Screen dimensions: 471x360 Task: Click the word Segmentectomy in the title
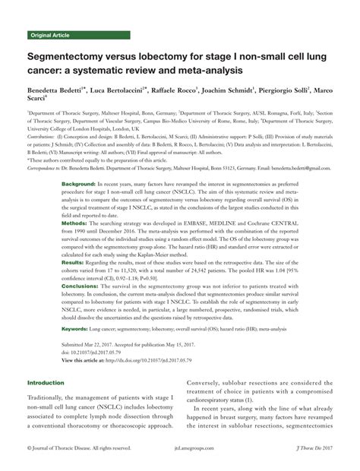[x=67, y=57]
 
